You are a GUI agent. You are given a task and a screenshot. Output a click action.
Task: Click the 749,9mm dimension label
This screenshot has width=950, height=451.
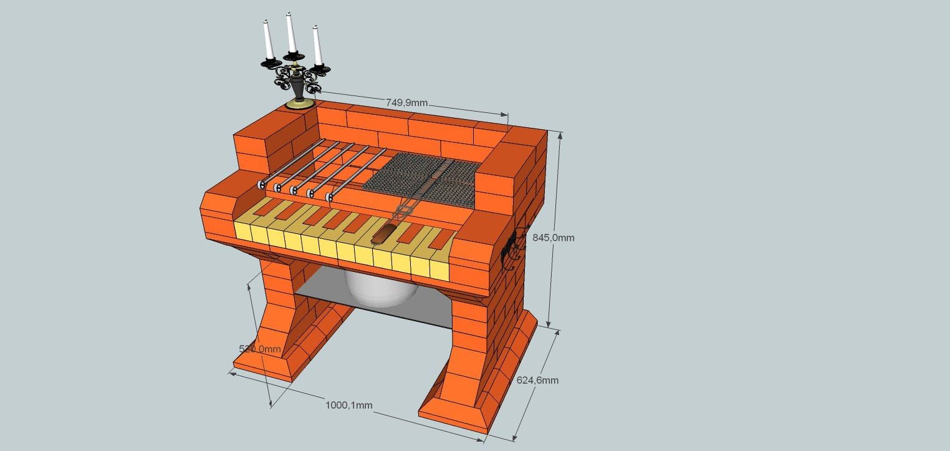(406, 103)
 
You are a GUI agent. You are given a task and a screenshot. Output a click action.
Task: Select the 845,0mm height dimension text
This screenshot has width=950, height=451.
(554, 238)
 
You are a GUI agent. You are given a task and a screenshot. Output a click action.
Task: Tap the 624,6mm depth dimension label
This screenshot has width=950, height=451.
(537, 381)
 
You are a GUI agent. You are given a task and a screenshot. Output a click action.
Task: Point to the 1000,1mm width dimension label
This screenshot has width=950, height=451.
(348, 405)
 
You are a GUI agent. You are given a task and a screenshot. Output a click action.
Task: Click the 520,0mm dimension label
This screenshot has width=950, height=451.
(260, 349)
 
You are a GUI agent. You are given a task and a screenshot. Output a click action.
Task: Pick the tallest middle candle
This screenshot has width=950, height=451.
(291, 32)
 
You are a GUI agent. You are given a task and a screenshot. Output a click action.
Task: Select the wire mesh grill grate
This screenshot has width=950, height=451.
(423, 180)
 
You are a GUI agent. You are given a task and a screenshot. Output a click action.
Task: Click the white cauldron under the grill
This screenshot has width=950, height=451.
(380, 289)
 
